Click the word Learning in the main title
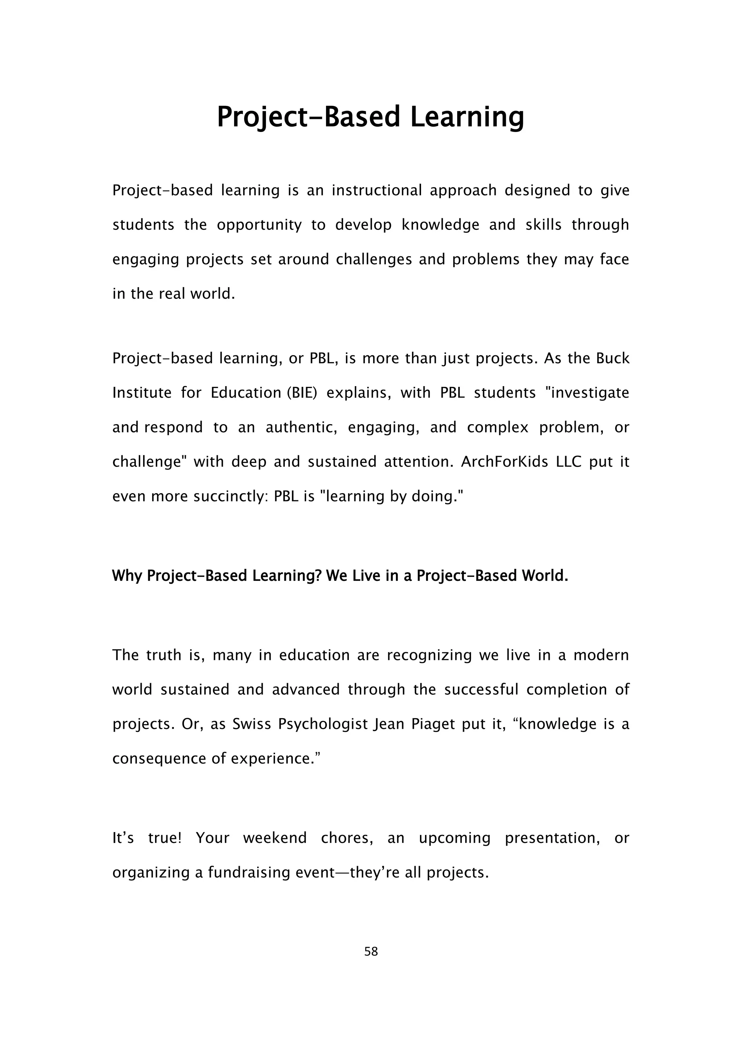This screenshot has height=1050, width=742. point(467,117)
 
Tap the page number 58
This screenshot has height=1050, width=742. point(371,951)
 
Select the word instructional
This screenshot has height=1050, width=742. point(376,190)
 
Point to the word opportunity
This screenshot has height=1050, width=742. point(259,225)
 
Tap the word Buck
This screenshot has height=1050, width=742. point(613,358)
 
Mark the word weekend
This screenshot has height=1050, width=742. point(275,838)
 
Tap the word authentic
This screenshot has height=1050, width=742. point(301,427)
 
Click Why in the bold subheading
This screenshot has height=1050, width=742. point(128,576)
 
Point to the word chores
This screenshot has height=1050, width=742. point(347,838)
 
